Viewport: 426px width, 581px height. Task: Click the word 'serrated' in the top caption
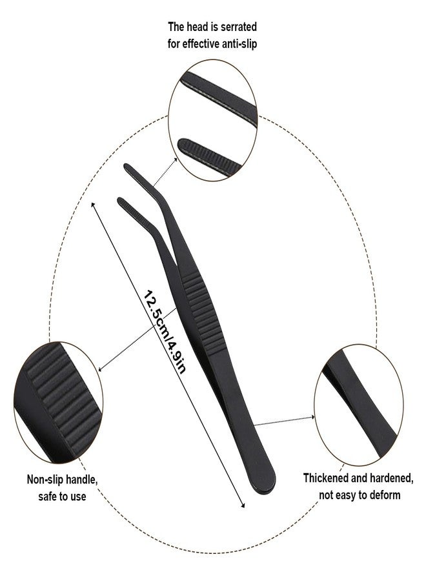tap(237, 27)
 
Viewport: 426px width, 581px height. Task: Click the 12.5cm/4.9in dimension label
tap(165, 331)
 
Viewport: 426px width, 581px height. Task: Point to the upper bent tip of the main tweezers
tap(128, 168)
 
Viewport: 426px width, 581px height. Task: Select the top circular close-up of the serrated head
tap(213, 120)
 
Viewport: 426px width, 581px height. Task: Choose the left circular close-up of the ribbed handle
tap(58, 402)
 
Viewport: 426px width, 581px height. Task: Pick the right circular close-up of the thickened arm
tap(359, 405)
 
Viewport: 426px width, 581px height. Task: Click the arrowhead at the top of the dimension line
tap(93, 204)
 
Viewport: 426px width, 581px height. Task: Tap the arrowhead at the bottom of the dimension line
tap(243, 505)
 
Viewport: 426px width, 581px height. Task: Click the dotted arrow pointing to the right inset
tap(285, 421)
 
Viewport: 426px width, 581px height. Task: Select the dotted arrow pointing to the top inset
tap(165, 172)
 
